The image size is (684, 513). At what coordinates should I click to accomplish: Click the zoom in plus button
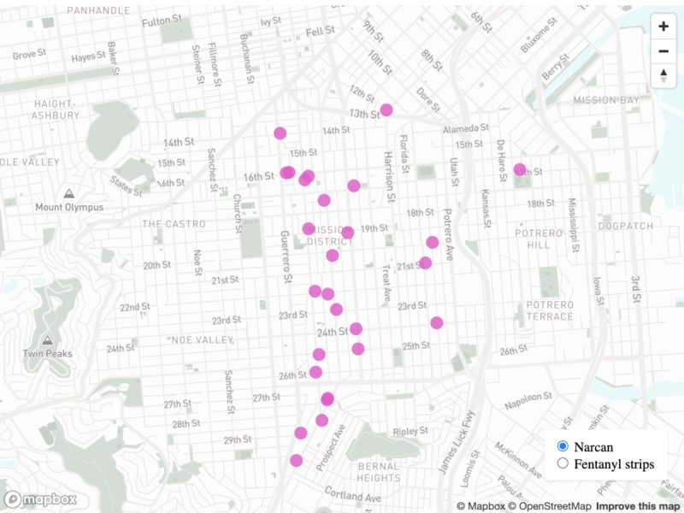coord(663,27)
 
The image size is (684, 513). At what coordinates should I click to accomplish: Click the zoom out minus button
coord(663,51)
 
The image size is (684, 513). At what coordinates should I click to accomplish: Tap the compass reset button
coord(663,76)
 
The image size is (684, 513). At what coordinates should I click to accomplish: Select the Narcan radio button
coord(563,446)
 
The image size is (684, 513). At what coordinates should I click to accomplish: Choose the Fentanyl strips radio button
coord(563,463)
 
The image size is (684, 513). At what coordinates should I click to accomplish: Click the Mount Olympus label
coord(69,207)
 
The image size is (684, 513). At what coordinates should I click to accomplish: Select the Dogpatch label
coord(625,227)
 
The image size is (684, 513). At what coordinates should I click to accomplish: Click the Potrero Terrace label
coord(549,310)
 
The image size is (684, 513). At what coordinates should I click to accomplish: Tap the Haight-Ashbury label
coord(56,109)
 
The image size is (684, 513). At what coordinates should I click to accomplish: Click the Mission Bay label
coord(606,100)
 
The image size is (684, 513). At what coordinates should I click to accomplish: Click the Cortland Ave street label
coord(351,495)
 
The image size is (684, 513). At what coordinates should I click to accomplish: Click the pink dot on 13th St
coord(386,109)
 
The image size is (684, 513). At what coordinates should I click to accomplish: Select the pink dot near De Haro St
coord(520,169)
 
